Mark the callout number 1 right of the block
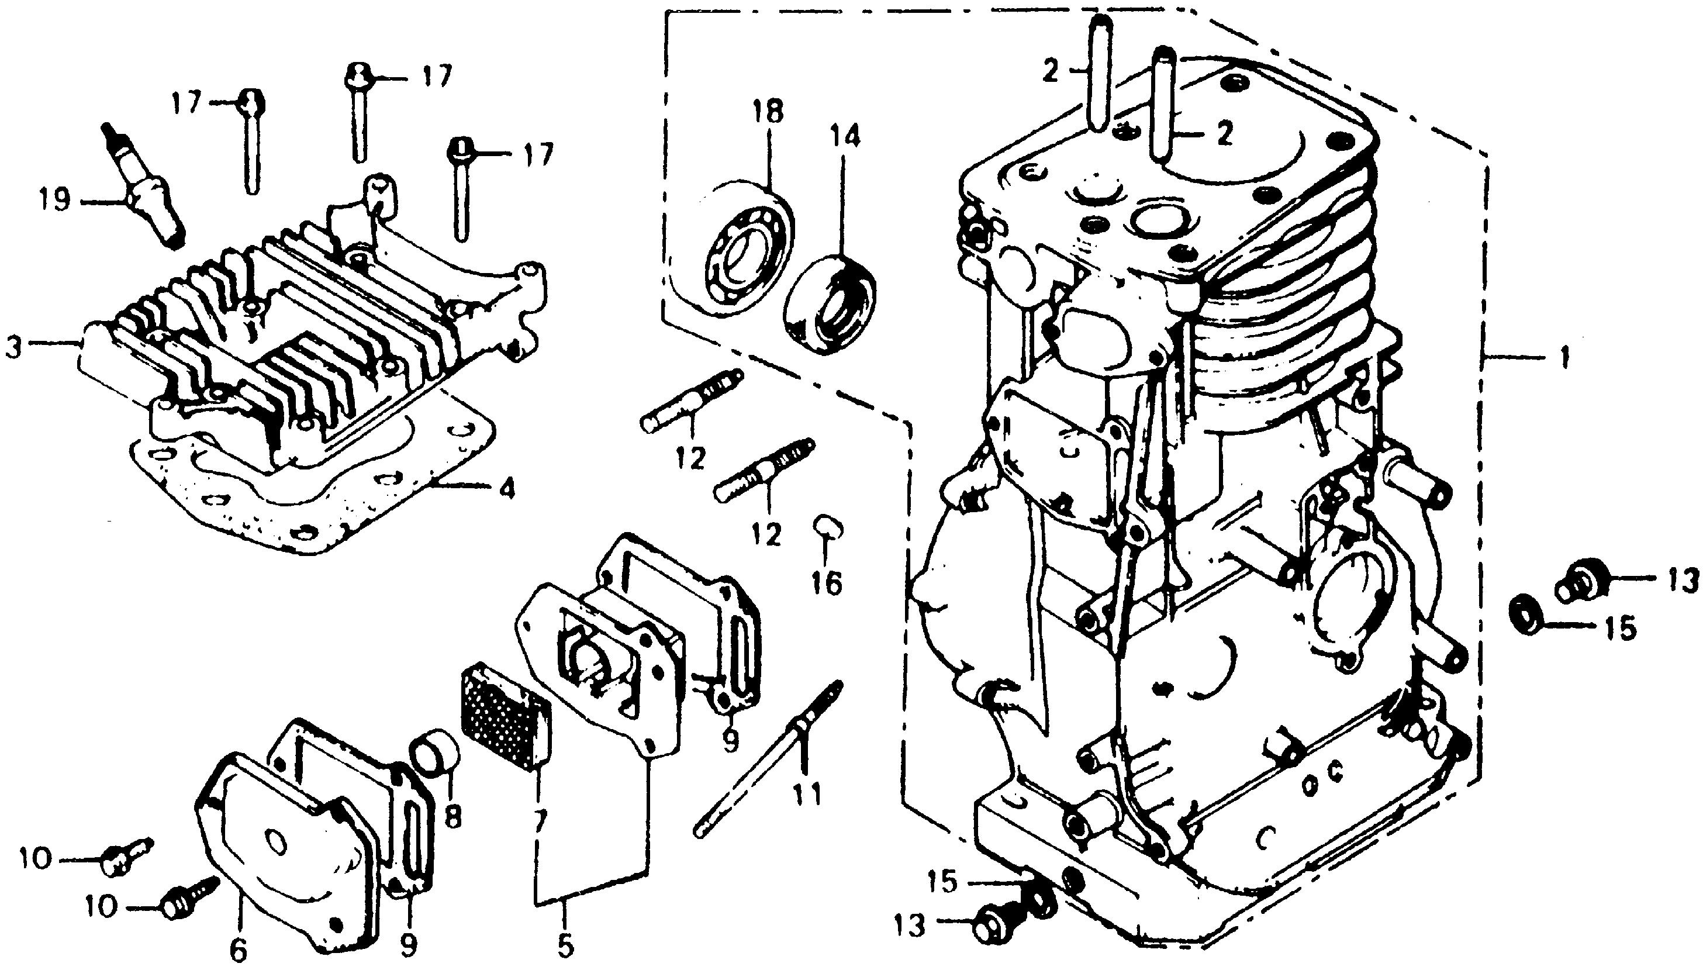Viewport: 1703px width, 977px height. (x=1564, y=360)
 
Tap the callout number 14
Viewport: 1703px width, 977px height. (x=844, y=137)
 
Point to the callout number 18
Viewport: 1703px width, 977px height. (x=768, y=112)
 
